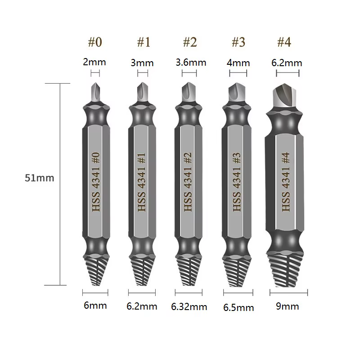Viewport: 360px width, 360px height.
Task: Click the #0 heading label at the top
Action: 95,42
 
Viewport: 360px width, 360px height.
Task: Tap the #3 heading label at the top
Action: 238,42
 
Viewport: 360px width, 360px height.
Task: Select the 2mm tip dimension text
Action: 94,62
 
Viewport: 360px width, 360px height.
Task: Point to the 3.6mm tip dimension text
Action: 191,63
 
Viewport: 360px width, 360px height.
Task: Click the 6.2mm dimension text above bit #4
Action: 287,63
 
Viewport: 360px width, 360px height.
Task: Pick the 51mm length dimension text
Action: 40,178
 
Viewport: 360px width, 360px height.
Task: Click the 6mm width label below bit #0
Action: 95,306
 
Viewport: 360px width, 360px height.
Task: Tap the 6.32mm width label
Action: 189,307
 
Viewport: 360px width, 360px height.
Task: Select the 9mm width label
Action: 288,306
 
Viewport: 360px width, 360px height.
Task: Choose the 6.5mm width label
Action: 238,308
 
